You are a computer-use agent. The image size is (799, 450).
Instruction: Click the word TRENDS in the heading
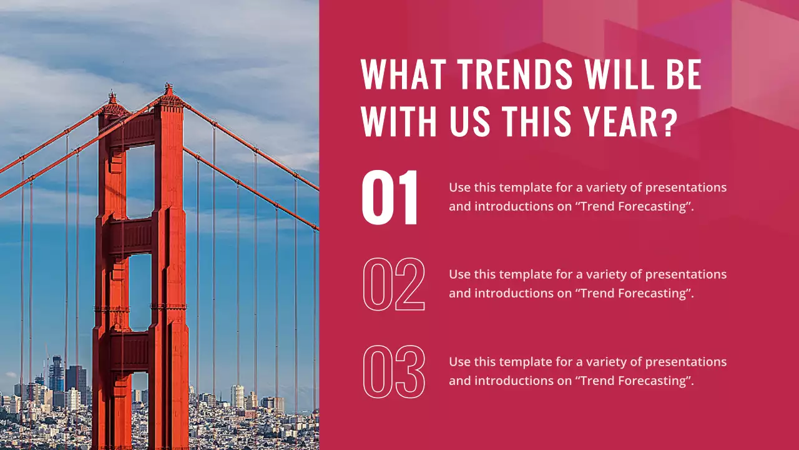pos(515,75)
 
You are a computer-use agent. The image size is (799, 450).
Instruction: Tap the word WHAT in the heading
pos(404,75)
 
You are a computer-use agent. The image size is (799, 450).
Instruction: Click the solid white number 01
pos(391,198)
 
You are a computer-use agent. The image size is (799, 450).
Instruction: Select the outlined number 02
pos(394,284)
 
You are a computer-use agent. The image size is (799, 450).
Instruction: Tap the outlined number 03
pos(394,372)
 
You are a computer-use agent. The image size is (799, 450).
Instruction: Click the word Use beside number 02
pos(459,274)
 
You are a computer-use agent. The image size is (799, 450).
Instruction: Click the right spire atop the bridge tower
pos(168,91)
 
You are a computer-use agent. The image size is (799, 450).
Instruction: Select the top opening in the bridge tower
pos(140,181)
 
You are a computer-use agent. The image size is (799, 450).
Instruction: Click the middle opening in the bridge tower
pos(140,292)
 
